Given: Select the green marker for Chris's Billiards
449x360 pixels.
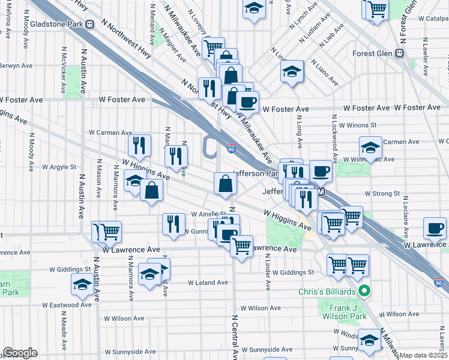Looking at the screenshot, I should (364, 292).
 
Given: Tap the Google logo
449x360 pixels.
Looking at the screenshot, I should (20, 353).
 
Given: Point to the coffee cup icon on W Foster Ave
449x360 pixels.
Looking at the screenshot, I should (247, 102).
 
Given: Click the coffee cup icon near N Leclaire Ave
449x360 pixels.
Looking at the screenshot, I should (434, 227).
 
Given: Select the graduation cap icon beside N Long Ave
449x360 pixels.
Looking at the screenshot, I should (292, 72).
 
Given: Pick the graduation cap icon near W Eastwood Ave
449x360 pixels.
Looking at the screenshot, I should (82, 284).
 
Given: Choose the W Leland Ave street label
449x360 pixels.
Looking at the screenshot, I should (208, 283).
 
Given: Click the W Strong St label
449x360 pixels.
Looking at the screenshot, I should (382, 194).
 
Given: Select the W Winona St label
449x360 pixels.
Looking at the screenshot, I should (357, 125).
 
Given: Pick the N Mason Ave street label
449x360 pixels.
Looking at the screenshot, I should (98, 177).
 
